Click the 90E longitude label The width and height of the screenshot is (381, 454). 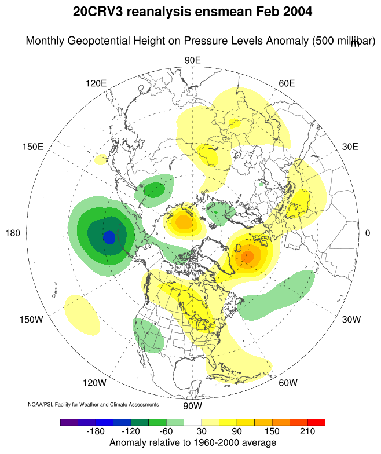tap(192, 60)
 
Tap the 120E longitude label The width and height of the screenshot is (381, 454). tap(96, 83)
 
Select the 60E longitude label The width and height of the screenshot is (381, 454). tap(287, 83)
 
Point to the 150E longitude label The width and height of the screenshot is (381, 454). tap(32, 147)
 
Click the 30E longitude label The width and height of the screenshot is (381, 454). tap(350, 147)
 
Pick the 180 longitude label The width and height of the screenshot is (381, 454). tap(13, 233)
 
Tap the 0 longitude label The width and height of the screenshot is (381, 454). tap(368, 233)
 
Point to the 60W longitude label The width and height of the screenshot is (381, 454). tap(288, 383)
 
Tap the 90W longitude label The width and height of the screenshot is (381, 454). tap(192, 406)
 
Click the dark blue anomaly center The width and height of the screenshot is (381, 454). tap(109, 237)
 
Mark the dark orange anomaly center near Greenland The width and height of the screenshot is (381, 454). tap(248, 256)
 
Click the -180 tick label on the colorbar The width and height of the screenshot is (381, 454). tap(96, 432)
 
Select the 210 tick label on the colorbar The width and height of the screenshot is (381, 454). tap(307, 432)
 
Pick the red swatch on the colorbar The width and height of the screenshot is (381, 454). tap(316, 422)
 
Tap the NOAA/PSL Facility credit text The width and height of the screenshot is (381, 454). tap(93, 404)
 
